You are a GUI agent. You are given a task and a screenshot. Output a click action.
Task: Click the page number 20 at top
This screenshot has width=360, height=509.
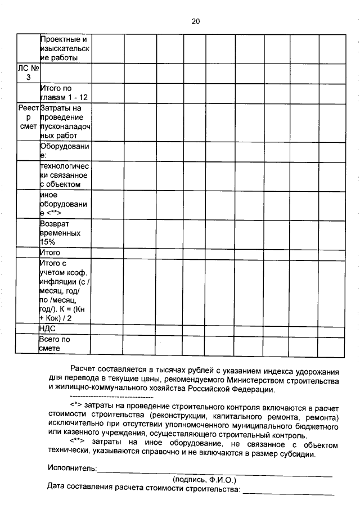pos(195,21)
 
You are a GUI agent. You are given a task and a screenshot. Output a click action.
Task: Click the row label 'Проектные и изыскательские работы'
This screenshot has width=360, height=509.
pos(65,49)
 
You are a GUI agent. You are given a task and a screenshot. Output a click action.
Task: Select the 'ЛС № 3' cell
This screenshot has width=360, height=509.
pos(28,73)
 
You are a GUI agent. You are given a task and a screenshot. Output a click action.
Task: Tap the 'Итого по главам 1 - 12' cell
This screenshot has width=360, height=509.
pos(65,93)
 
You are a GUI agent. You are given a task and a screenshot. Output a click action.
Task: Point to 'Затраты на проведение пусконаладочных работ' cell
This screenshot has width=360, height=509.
pos(65,121)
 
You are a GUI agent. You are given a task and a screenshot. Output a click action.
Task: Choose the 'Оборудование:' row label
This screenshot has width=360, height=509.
pos(65,150)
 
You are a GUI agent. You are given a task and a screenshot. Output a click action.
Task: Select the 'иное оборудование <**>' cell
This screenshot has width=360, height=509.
pos(65,204)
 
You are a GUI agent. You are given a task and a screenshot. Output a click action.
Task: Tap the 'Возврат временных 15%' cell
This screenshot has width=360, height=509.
pos(65,232)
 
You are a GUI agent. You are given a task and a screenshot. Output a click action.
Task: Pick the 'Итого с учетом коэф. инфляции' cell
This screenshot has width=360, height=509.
pos(65,290)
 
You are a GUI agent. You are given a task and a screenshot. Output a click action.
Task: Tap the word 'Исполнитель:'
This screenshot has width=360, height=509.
pos(72,468)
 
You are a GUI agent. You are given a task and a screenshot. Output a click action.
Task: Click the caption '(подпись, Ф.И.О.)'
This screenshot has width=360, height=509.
pos(204,479)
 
